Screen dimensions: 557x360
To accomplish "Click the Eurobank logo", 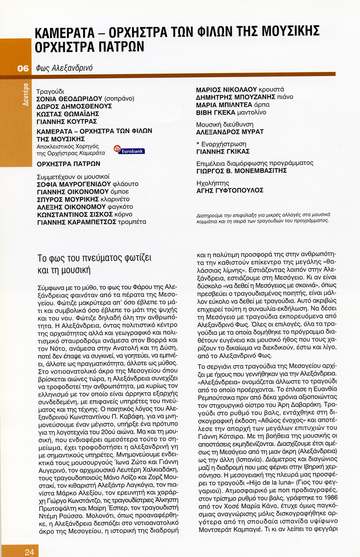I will tap(129, 150).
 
